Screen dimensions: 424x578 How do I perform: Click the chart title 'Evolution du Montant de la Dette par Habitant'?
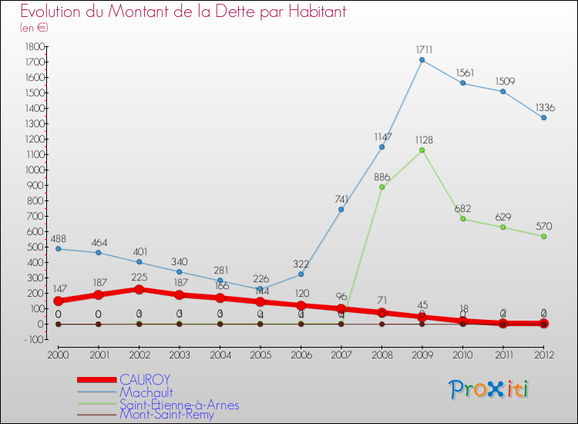[183, 12]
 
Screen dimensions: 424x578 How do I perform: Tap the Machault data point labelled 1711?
[422, 60]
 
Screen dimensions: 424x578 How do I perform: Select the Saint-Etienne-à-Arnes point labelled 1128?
[422, 150]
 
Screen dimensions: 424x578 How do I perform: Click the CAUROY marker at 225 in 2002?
[139, 290]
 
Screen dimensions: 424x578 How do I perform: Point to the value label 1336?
[544, 107]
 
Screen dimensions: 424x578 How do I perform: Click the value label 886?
[381, 177]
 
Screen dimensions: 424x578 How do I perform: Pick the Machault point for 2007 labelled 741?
[341, 210]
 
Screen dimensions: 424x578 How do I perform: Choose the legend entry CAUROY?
[145, 379]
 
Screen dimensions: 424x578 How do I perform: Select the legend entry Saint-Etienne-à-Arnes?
[179, 404]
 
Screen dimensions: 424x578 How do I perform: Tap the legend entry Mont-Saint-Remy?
[166, 415]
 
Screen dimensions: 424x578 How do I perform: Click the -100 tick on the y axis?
[32, 340]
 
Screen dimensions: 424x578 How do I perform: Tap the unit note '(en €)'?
[34, 28]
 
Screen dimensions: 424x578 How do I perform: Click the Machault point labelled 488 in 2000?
[58, 249]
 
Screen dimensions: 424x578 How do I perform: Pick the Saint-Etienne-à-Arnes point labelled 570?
[543, 237]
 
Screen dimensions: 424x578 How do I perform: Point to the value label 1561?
[462, 72]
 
